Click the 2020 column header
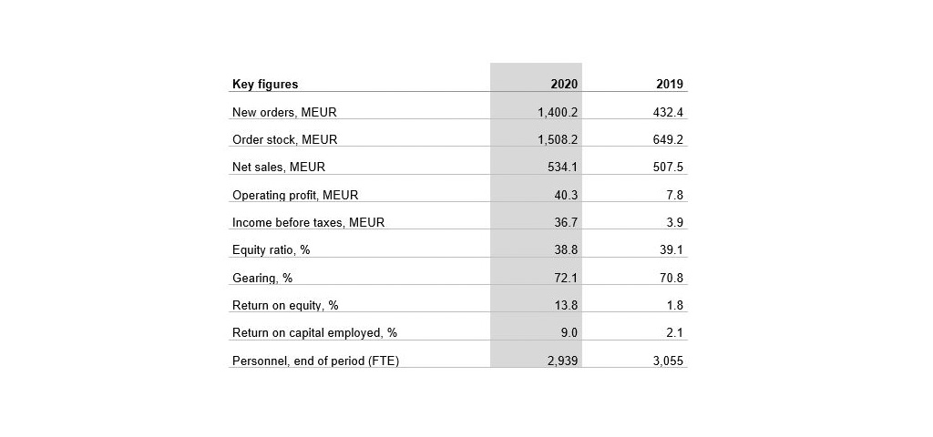(x=564, y=85)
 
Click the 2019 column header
(x=670, y=85)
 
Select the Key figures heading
(x=264, y=85)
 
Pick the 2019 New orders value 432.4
(x=668, y=112)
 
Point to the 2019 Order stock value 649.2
(x=668, y=140)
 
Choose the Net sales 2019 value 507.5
(x=668, y=168)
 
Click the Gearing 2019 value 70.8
(x=672, y=278)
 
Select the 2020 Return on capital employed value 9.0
(x=569, y=333)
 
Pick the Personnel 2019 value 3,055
(x=668, y=361)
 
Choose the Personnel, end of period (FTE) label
(x=315, y=361)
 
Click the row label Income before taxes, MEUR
(x=308, y=223)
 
